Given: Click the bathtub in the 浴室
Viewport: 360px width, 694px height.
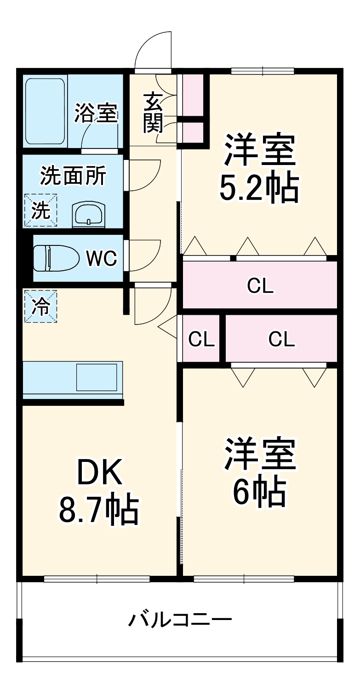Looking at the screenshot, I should coord(45,111).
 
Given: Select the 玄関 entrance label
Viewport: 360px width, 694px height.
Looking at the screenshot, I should coord(152,113).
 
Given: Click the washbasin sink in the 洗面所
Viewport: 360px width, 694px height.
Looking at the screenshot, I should coord(88,214).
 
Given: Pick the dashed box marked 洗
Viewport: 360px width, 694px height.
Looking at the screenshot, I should coord(40,210).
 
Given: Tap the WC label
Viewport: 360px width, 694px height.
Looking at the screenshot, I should coord(102,259).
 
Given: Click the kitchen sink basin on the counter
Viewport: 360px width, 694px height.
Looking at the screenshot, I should coord(97,377).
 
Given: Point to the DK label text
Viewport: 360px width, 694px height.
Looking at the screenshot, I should coord(99,473).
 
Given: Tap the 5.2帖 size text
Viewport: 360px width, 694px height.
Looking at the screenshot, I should coord(259,188).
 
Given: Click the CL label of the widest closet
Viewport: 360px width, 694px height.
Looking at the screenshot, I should coord(260,286).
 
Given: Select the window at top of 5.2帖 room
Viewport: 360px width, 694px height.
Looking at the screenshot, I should coord(262,71).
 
